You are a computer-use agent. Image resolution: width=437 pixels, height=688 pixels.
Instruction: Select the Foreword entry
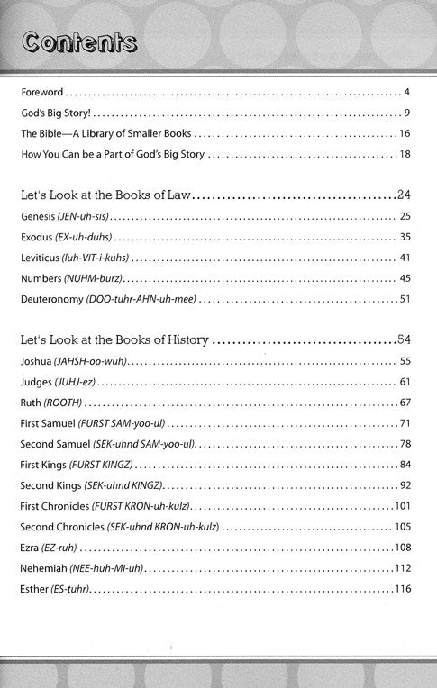pos(42,93)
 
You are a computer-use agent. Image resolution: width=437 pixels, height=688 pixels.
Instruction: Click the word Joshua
pos(37,361)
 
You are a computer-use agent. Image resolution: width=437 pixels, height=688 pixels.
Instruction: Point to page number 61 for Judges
pos(405,382)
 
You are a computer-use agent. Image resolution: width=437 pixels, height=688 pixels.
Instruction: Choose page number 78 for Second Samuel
pos(405,444)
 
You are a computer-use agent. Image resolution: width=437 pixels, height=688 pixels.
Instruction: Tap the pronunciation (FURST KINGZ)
pos(99,465)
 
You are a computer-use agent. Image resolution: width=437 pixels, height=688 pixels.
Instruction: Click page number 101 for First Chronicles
pos(402,505)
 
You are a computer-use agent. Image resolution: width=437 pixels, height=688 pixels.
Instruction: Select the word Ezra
pos(31,547)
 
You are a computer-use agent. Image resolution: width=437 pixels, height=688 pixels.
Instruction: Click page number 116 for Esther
pos(402,589)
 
